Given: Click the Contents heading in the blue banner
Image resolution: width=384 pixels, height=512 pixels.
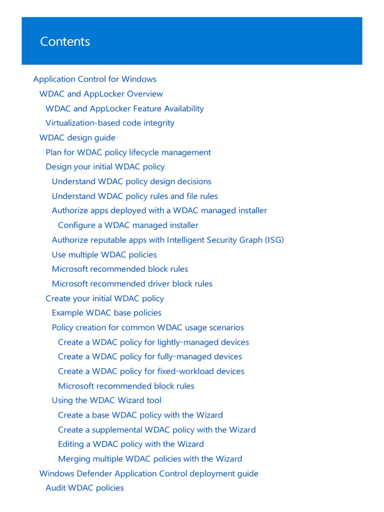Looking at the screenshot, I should pyautogui.click(x=65, y=41).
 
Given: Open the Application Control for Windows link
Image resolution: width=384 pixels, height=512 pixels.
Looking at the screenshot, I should pyautogui.click(x=94, y=79).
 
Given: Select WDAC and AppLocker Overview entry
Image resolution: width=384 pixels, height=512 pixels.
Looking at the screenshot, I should pyautogui.click(x=101, y=94).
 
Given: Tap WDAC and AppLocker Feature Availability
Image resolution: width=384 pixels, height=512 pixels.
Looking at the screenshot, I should pyautogui.click(x=124, y=108).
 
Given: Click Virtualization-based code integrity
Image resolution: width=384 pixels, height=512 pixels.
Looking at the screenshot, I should pyautogui.click(x=110, y=123).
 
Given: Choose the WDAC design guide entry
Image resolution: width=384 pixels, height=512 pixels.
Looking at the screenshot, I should pyautogui.click(x=77, y=137).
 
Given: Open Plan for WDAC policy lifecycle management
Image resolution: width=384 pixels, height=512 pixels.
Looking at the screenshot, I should pyautogui.click(x=128, y=152).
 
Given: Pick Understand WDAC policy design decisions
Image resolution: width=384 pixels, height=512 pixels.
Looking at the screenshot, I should pyautogui.click(x=131, y=181).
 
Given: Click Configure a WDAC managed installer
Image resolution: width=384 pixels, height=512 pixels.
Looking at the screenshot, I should pyautogui.click(x=128, y=225).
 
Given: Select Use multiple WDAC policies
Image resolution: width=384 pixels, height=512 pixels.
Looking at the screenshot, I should pyautogui.click(x=104, y=254).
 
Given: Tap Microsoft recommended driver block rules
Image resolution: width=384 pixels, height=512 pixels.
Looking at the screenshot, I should pyautogui.click(x=132, y=284).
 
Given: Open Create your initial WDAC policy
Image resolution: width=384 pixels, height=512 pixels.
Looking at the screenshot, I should pyautogui.click(x=104, y=298).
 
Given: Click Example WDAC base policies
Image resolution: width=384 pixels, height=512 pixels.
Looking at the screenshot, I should pyautogui.click(x=106, y=313).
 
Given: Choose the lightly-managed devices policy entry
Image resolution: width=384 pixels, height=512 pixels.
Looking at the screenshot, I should pyautogui.click(x=153, y=342).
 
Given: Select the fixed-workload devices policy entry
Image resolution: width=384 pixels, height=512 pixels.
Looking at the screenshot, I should pyautogui.click(x=151, y=371).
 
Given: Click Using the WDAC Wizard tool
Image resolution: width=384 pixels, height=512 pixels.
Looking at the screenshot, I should pyautogui.click(x=106, y=400).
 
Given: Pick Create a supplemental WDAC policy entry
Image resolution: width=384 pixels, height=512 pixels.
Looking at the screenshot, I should pyautogui.click(x=156, y=430).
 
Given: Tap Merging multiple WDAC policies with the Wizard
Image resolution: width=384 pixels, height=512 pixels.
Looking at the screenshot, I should pyautogui.click(x=150, y=459).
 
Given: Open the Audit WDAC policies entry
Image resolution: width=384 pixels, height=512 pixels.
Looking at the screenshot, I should pyautogui.click(x=84, y=488).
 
